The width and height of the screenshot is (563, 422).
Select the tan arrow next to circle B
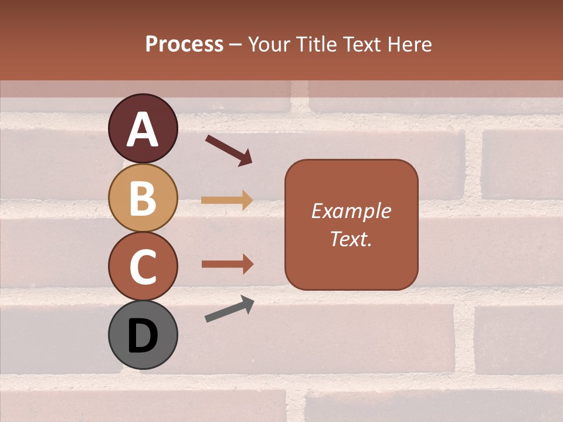(227, 200)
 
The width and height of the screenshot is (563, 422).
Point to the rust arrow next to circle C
(228, 264)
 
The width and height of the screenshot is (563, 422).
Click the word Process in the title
(184, 45)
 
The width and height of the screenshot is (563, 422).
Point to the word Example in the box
(351, 211)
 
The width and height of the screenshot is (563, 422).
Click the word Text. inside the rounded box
(351, 239)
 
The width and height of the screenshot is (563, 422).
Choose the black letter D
(143, 336)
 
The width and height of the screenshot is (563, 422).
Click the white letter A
(143, 130)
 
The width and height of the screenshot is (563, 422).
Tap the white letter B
(143, 199)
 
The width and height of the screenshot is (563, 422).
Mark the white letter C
(143, 267)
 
